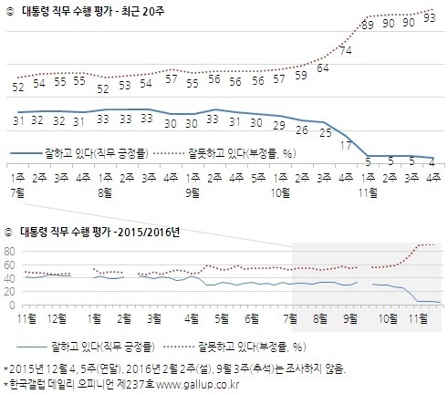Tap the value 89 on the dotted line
click(368, 26)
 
